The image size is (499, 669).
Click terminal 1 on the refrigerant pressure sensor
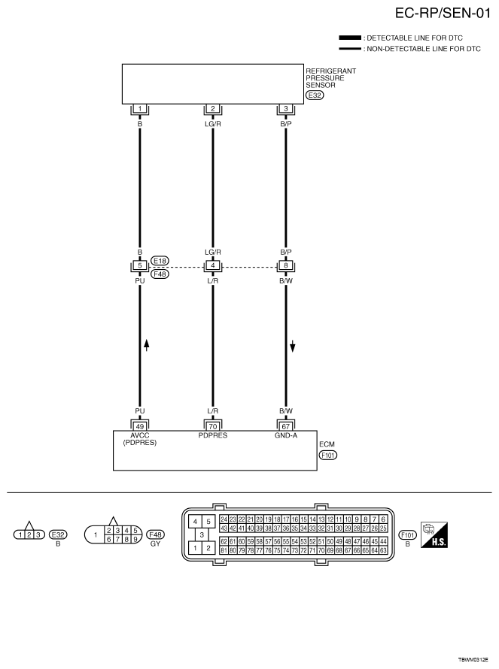140,109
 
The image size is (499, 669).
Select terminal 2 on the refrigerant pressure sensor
213,109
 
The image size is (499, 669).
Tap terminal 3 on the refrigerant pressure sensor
286,109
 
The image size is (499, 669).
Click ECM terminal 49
140,425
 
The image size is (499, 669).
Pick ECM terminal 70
213,425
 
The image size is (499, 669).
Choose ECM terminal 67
286,425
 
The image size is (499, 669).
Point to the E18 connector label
160,261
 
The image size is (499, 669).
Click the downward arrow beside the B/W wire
294,346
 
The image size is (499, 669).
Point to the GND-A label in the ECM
286,434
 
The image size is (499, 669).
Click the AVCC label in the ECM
140,434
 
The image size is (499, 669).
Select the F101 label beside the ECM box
327,456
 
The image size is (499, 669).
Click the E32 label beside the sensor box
314,95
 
